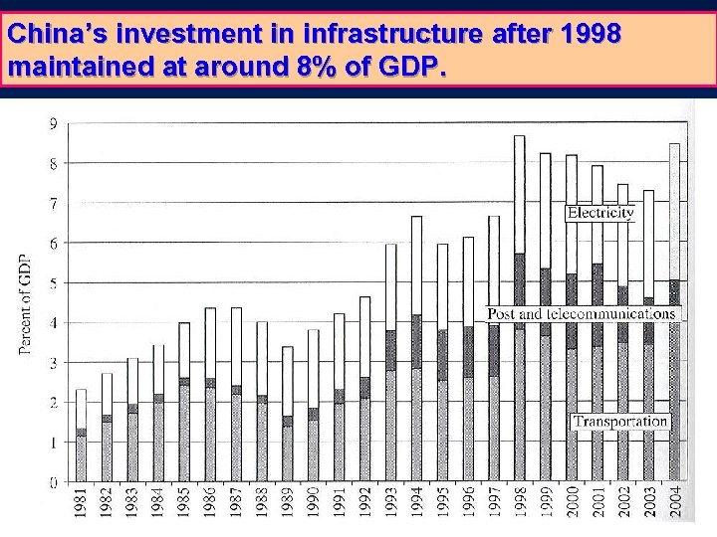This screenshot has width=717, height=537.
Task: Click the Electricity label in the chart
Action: pos(599,212)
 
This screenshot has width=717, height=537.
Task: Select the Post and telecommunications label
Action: pos(581,313)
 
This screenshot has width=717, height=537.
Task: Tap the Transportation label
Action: pos(620,421)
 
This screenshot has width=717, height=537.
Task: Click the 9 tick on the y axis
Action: pos(53,123)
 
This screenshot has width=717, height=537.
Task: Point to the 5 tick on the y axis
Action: pos(53,282)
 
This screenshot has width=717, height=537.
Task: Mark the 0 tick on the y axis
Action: pos(53,482)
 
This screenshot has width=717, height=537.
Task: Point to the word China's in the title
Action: pos(54,35)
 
